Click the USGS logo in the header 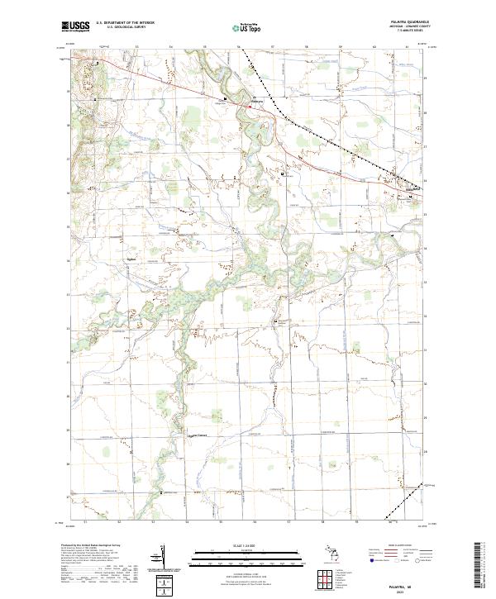click(75, 26)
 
